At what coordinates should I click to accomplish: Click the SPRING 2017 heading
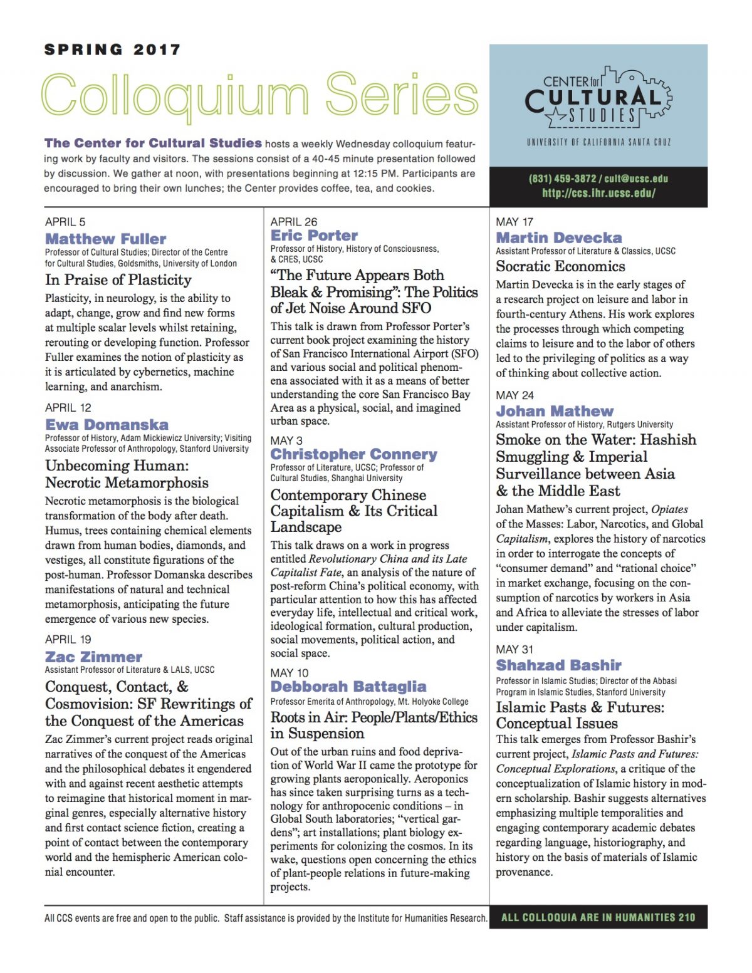[x=113, y=49]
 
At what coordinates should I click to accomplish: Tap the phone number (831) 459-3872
[x=562, y=179]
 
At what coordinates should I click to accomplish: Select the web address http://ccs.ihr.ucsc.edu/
[x=598, y=193]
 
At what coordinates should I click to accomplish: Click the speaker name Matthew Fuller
[x=106, y=239]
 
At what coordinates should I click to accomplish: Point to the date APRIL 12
[x=68, y=408]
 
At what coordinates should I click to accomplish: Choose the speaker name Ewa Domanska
[x=107, y=425]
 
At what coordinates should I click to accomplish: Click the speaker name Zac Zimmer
[x=94, y=657]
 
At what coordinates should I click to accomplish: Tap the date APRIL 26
[x=294, y=222]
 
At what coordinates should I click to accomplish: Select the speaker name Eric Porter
[x=315, y=236]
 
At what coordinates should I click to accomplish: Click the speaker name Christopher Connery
[x=354, y=454]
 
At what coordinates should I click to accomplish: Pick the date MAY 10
[x=290, y=673]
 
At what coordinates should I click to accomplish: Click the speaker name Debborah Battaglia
[x=348, y=687]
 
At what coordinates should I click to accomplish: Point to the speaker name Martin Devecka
[x=559, y=238]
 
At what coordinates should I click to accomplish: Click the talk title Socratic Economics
[x=560, y=266]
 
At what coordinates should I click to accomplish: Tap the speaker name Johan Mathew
[x=555, y=411]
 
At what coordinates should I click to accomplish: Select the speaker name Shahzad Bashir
[x=559, y=665]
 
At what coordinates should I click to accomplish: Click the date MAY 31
[x=514, y=650]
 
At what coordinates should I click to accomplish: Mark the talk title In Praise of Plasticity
[x=118, y=280]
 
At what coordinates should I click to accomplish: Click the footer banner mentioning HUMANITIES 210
[x=598, y=917]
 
